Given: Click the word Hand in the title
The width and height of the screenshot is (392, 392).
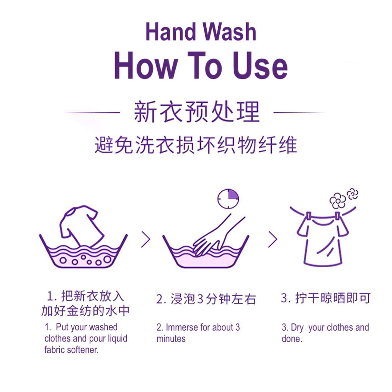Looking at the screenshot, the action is coord(170,32).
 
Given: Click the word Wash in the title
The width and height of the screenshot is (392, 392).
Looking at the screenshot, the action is coord(229,32).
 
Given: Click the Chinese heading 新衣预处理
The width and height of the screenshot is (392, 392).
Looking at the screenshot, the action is coord(197,112).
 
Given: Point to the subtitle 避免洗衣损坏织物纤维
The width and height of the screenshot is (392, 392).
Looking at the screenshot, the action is coord(196,145).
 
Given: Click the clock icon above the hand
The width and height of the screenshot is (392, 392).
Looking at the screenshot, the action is coord(228,199).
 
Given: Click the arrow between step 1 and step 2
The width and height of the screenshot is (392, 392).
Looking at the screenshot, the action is coord(146,240).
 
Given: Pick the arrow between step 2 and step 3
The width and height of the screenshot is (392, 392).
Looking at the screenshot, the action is coord(273,240).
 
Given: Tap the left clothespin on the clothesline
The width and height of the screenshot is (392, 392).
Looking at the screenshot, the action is coord(309,216).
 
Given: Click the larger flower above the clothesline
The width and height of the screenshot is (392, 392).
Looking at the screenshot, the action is coord(338,201).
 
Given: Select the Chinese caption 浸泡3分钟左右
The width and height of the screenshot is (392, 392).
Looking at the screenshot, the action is coord(206,299).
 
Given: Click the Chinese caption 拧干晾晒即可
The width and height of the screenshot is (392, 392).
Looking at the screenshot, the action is coord(325,298).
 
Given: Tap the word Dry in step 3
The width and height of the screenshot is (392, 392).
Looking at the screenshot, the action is coord(297,328).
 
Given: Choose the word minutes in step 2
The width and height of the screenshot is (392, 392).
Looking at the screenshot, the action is coord(171,339).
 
